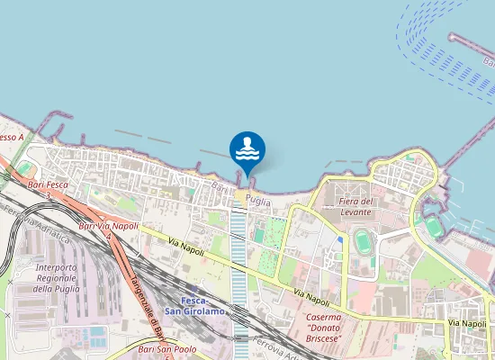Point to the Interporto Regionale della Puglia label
(x=57, y=278)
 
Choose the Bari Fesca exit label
(x=49, y=184)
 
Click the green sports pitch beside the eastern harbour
(x=435, y=227)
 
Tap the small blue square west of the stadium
(x=338, y=240)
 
